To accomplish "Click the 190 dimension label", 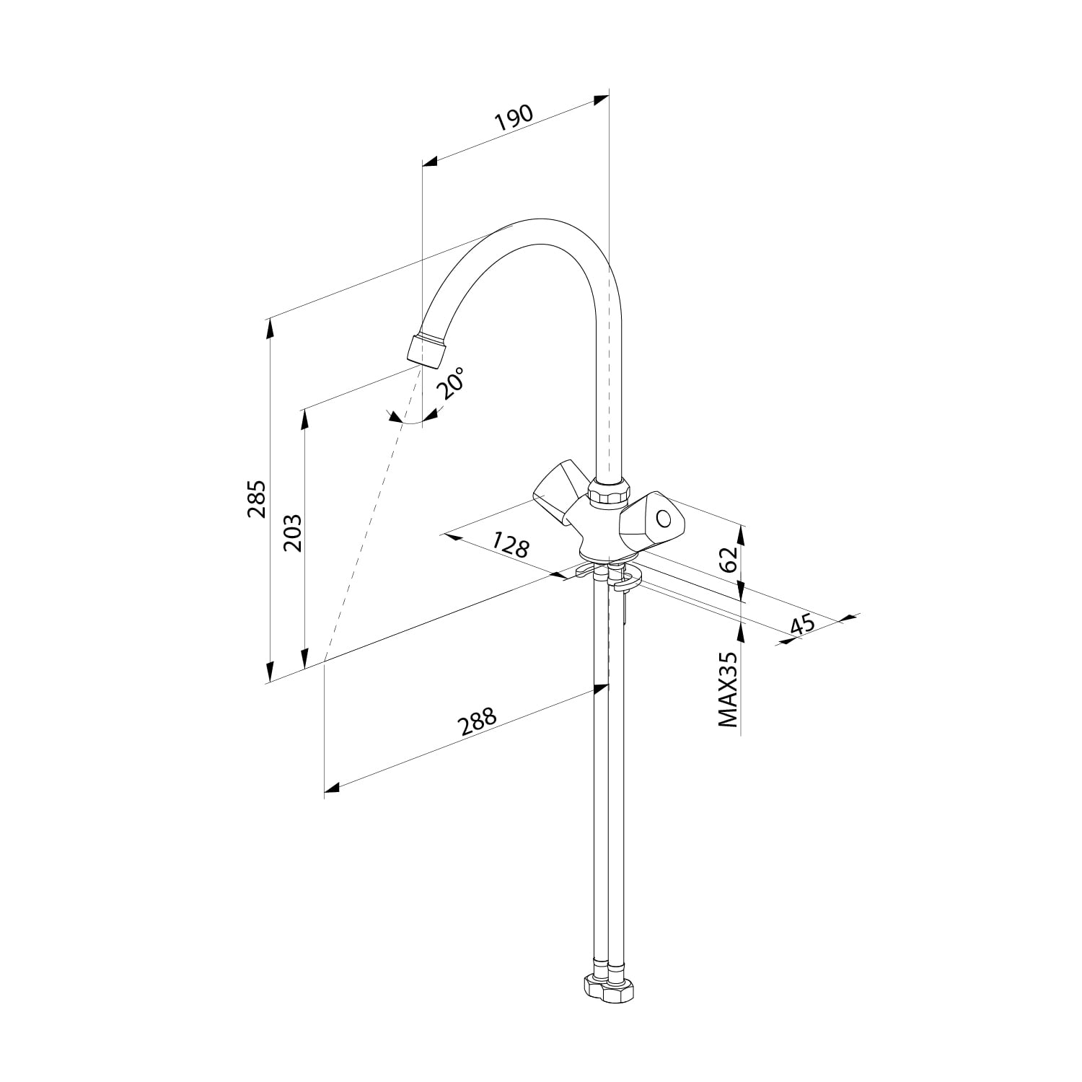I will coord(514,118).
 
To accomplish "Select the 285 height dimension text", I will coord(258,498).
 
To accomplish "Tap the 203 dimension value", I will coord(292,533).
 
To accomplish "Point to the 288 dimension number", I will coord(479,722).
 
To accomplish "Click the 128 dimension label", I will coord(511,545).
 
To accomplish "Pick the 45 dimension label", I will coord(801,624).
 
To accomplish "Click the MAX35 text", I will coord(728,690).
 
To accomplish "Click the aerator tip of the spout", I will coord(427,351).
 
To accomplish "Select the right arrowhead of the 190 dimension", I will coord(602,100).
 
